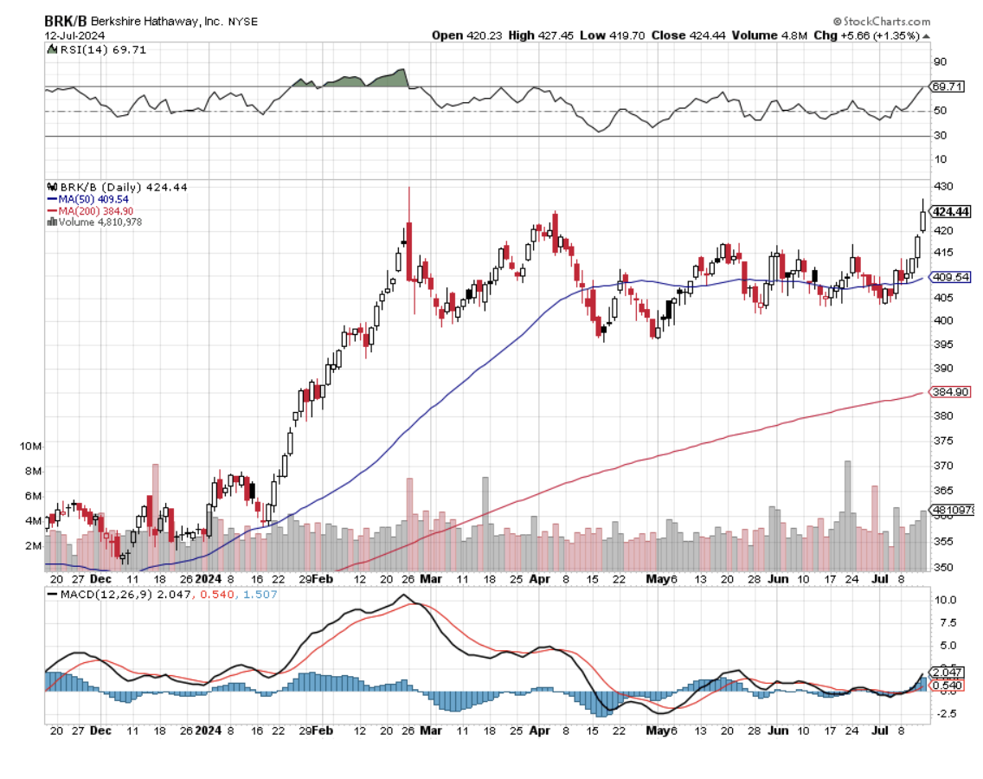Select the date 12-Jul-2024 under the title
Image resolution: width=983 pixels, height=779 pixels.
[76, 35]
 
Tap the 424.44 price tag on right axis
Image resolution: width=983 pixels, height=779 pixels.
[950, 212]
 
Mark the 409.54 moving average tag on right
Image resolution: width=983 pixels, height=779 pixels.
[949, 278]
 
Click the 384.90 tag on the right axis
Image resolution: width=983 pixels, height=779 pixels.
[949, 392]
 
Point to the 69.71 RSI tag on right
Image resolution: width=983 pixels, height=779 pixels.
[947, 87]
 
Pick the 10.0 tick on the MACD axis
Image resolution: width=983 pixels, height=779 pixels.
[944, 600]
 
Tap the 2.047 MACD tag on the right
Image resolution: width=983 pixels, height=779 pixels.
[948, 673]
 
